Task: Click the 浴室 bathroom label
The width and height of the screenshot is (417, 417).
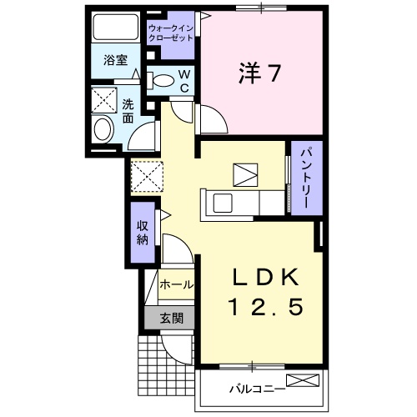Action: [x=116, y=62]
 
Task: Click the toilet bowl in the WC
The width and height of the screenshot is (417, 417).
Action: [x=163, y=81]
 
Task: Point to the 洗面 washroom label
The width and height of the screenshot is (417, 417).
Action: [x=128, y=112]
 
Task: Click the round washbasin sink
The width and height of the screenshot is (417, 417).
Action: [x=103, y=129]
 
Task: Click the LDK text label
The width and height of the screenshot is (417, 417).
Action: [x=260, y=276]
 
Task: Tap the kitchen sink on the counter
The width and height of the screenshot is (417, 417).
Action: [x=223, y=203]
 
